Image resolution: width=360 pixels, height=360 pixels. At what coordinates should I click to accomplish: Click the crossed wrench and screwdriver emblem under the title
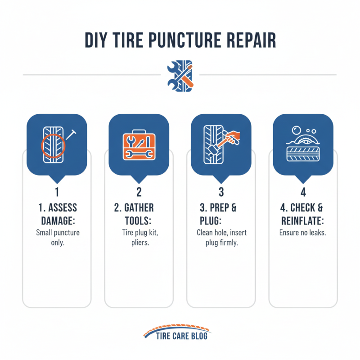[180, 74]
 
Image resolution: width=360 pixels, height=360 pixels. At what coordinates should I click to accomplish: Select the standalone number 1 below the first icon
[57, 192]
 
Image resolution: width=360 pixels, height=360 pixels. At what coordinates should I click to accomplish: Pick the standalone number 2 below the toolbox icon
[139, 192]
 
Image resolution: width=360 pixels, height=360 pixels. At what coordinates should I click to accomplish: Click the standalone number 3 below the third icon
[221, 192]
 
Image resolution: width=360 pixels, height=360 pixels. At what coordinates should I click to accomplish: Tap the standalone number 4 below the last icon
[303, 192]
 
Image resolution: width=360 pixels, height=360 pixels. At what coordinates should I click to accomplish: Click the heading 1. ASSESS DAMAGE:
[57, 215]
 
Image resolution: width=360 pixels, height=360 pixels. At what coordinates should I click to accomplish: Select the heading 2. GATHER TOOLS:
[139, 215]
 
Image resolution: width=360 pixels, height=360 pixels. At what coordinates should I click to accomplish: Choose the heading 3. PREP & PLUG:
[221, 215]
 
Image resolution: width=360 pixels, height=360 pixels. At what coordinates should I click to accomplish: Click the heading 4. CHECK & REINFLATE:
[303, 215]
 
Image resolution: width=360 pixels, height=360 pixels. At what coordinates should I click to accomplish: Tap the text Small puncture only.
[57, 238]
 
